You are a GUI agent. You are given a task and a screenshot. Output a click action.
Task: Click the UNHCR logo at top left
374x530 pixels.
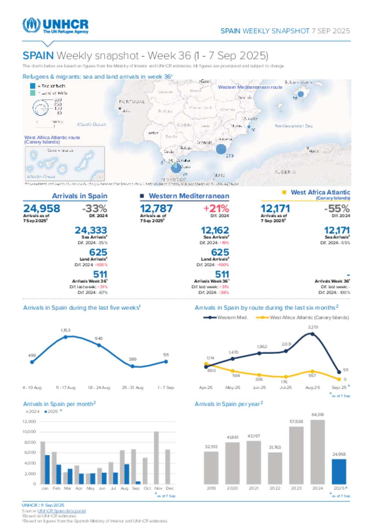click(55, 26)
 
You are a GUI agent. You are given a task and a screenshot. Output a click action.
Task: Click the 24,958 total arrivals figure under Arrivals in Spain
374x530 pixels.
click(42, 208)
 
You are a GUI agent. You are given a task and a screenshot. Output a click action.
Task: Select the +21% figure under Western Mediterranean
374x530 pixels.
click(216, 208)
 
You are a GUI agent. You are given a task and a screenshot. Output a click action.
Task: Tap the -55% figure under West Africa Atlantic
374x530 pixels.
click(337, 208)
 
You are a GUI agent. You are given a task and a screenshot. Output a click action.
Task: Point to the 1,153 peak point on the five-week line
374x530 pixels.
click(65, 337)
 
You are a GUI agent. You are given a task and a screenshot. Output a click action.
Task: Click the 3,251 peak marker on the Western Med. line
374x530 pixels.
click(313, 334)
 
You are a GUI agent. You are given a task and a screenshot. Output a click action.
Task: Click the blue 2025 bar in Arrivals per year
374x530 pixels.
click(339, 471)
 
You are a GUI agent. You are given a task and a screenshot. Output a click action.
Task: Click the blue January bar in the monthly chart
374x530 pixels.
click(47, 469)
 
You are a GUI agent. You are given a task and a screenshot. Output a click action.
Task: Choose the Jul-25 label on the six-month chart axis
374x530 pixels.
click(286, 388)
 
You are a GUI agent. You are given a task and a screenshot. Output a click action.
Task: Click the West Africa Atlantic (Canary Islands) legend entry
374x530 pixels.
click(309, 317)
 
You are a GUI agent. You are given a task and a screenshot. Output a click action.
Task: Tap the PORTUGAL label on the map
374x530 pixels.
click(132, 102)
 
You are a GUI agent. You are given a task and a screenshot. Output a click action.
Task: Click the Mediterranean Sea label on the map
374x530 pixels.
click(294, 126)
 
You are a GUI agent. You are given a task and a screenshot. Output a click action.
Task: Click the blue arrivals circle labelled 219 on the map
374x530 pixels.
click(221, 149)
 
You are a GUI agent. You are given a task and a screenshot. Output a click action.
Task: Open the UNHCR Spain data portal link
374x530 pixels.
click(61, 511)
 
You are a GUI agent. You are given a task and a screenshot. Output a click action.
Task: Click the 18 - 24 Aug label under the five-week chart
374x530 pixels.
click(99, 388)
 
